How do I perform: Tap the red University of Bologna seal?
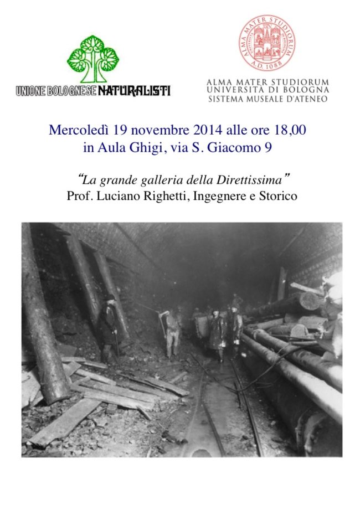[267, 43]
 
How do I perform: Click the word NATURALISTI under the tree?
[135, 90]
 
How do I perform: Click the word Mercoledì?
[79, 131]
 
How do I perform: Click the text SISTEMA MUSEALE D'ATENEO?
[268, 99]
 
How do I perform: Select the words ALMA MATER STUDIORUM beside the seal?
[268, 81]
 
